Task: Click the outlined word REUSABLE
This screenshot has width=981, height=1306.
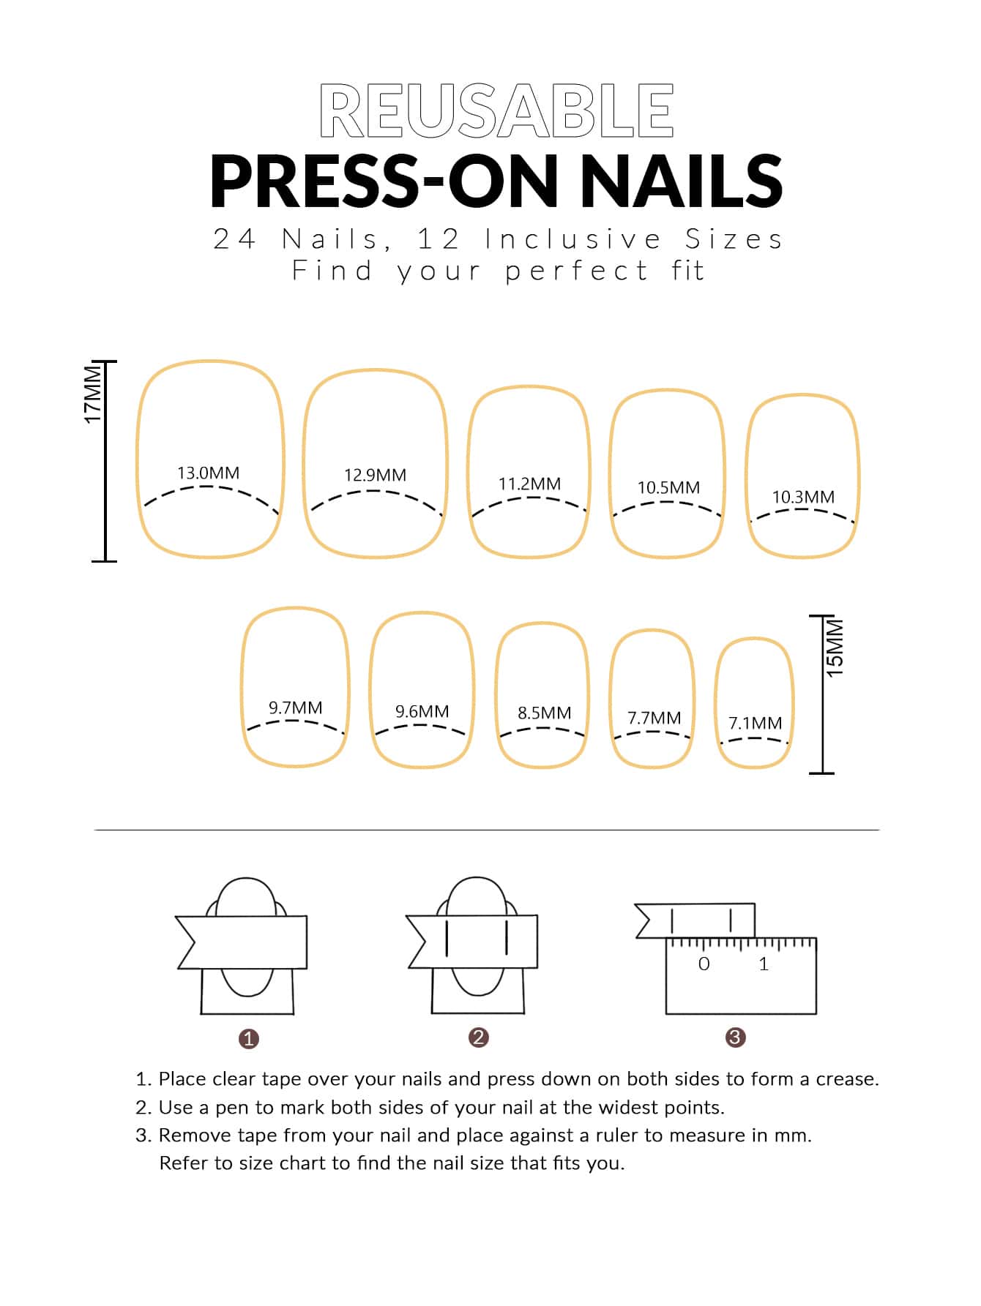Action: coord(496,110)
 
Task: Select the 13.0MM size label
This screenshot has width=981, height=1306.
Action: coord(209,473)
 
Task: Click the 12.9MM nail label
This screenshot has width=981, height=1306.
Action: coord(375,475)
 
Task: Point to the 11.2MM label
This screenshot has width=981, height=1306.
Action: coord(529,484)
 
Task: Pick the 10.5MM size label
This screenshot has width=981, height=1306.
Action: coord(668,487)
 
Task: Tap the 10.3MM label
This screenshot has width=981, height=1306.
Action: coord(803,497)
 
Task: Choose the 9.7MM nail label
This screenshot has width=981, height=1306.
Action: coord(295,708)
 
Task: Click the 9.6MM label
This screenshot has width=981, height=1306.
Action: coord(422,711)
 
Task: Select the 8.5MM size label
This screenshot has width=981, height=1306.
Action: coord(544,713)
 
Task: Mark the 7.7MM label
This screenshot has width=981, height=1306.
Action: coord(654,718)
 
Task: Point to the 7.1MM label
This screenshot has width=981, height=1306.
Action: coord(755,723)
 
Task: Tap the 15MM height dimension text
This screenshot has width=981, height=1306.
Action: coord(835,648)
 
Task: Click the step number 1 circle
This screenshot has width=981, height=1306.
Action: coord(249,1039)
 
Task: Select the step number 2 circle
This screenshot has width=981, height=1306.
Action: coord(479,1037)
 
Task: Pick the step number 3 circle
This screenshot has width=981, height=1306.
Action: coord(735,1037)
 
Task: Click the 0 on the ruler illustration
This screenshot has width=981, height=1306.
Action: coord(704,964)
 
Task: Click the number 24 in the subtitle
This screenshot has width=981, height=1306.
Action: coord(234,239)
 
